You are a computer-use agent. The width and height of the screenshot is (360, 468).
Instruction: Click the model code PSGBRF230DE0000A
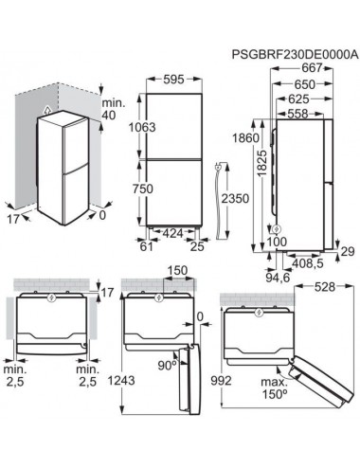295,54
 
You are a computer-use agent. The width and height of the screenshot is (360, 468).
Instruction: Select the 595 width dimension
173,80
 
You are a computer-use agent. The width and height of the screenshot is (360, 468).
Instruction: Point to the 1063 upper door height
142,127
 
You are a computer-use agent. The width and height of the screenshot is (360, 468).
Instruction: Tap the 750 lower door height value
142,189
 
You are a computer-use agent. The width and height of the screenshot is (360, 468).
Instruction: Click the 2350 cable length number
235,199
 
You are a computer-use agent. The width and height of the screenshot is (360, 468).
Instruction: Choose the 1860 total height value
245,138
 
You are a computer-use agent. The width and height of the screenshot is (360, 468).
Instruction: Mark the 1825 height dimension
261,163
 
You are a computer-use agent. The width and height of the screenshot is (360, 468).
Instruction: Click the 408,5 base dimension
308,263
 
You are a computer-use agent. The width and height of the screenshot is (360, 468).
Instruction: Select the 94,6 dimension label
278,278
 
